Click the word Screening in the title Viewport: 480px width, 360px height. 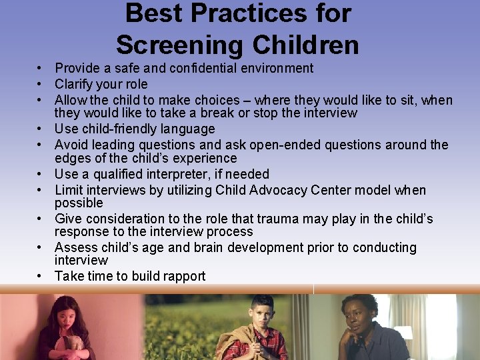pyautogui.click(x=179, y=45)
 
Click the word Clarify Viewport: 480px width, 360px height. pyautogui.click(x=75, y=84)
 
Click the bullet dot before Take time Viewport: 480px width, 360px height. pyautogui.click(x=40, y=277)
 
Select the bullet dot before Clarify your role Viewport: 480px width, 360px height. pyautogui.click(x=40, y=85)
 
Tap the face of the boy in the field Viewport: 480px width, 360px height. pyautogui.click(x=263, y=312)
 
